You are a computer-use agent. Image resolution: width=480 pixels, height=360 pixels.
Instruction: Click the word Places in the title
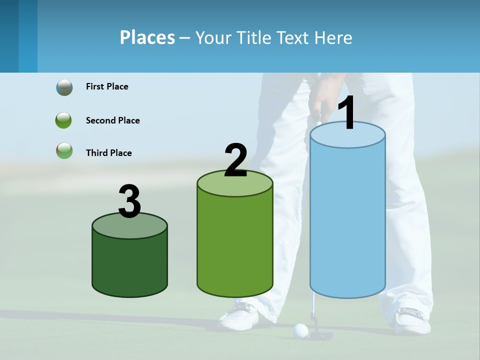147,37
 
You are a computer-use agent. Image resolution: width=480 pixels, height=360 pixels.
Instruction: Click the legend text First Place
107,86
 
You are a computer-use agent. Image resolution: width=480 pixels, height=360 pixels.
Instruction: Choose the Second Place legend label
112,120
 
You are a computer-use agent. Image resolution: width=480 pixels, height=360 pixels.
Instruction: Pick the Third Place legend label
108,153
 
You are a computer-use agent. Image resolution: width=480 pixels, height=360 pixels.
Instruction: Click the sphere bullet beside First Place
64,87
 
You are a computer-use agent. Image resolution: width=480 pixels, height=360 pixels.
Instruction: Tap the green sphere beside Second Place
64,120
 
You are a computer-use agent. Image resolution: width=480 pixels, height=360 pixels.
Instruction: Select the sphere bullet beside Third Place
64,150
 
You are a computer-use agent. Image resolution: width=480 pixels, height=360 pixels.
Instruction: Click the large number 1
347,113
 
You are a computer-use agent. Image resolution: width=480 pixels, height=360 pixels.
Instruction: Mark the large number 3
129,202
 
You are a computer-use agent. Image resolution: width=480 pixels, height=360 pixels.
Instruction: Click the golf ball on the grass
300,330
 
